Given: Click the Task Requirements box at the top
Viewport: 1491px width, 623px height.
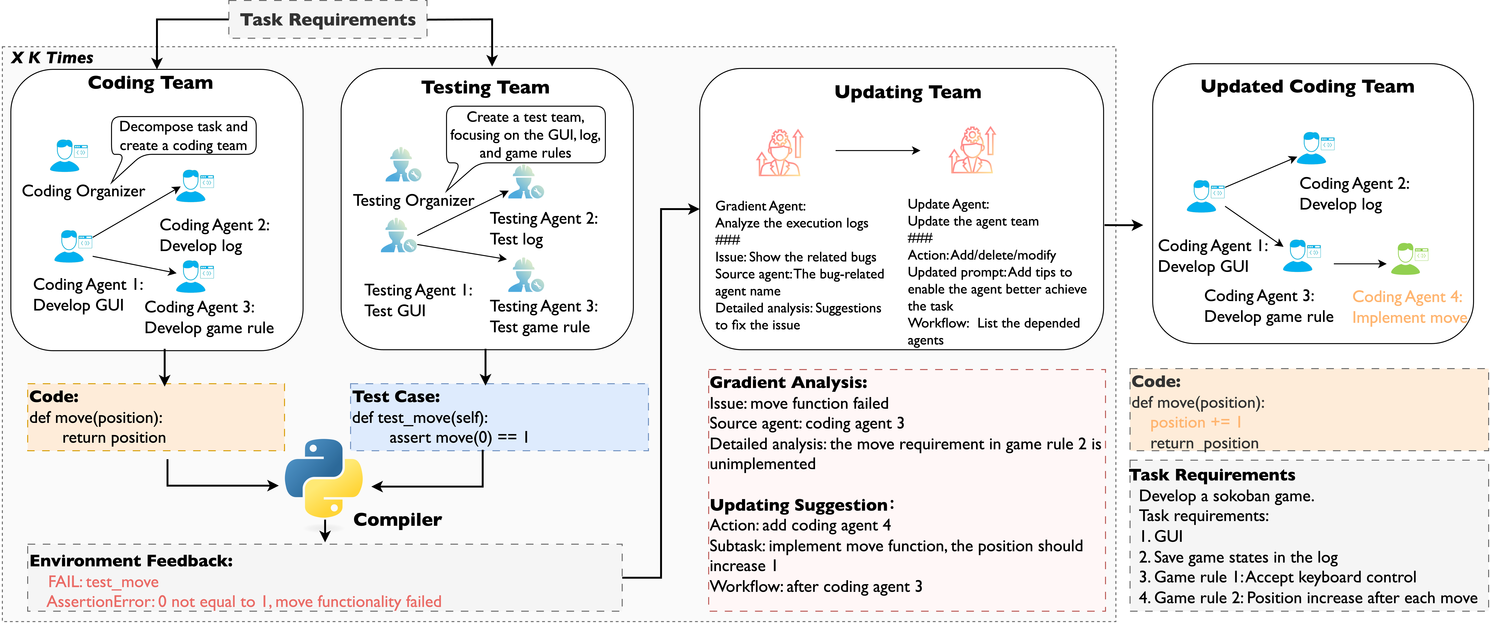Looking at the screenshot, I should pyautogui.click(x=328, y=20).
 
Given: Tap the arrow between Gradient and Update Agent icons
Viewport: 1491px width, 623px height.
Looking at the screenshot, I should pyautogui.click(x=877, y=151).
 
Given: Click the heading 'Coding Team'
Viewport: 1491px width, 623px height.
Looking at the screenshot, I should pyautogui.click(x=151, y=83).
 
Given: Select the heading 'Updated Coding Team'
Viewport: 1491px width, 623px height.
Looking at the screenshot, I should pyautogui.click(x=1307, y=86).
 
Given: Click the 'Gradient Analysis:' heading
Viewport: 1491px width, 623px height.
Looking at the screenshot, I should pyautogui.click(x=788, y=382).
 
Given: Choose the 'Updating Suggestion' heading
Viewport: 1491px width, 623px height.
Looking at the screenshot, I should pyautogui.click(x=799, y=505).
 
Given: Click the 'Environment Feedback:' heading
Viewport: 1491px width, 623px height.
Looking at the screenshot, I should pyautogui.click(x=131, y=561).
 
